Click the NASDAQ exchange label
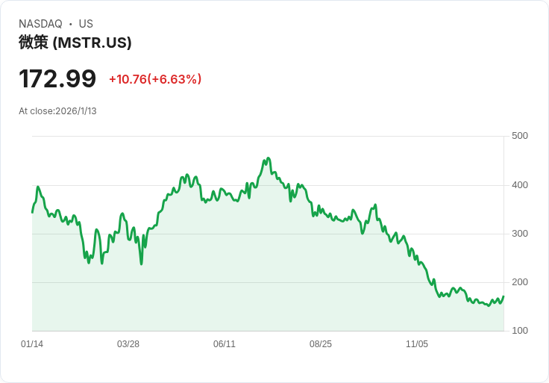pyautogui.click(x=40, y=24)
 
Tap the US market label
pyautogui.click(x=86, y=24)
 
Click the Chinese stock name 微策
pyautogui.click(x=34, y=43)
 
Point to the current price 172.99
pyautogui.click(x=57, y=78)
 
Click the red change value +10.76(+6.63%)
pyautogui.click(x=155, y=79)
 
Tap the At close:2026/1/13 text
pyautogui.click(x=57, y=111)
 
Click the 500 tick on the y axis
pyautogui.click(x=520, y=136)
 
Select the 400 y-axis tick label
pyautogui.click(x=520, y=185)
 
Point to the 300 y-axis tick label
pyautogui.click(x=520, y=234)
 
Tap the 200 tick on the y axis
pyautogui.click(x=520, y=282)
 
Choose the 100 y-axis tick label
pyautogui.click(x=520, y=331)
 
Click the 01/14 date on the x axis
pyautogui.click(x=32, y=344)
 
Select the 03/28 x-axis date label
pyautogui.click(x=128, y=344)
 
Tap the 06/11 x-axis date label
pyautogui.click(x=225, y=344)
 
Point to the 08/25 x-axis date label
pyautogui.click(x=321, y=344)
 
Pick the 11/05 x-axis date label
pyautogui.click(x=417, y=344)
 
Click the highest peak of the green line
pyautogui.click(x=268, y=158)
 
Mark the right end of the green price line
pyautogui.click(x=503, y=296)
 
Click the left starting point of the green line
pyautogui.click(x=32, y=213)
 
